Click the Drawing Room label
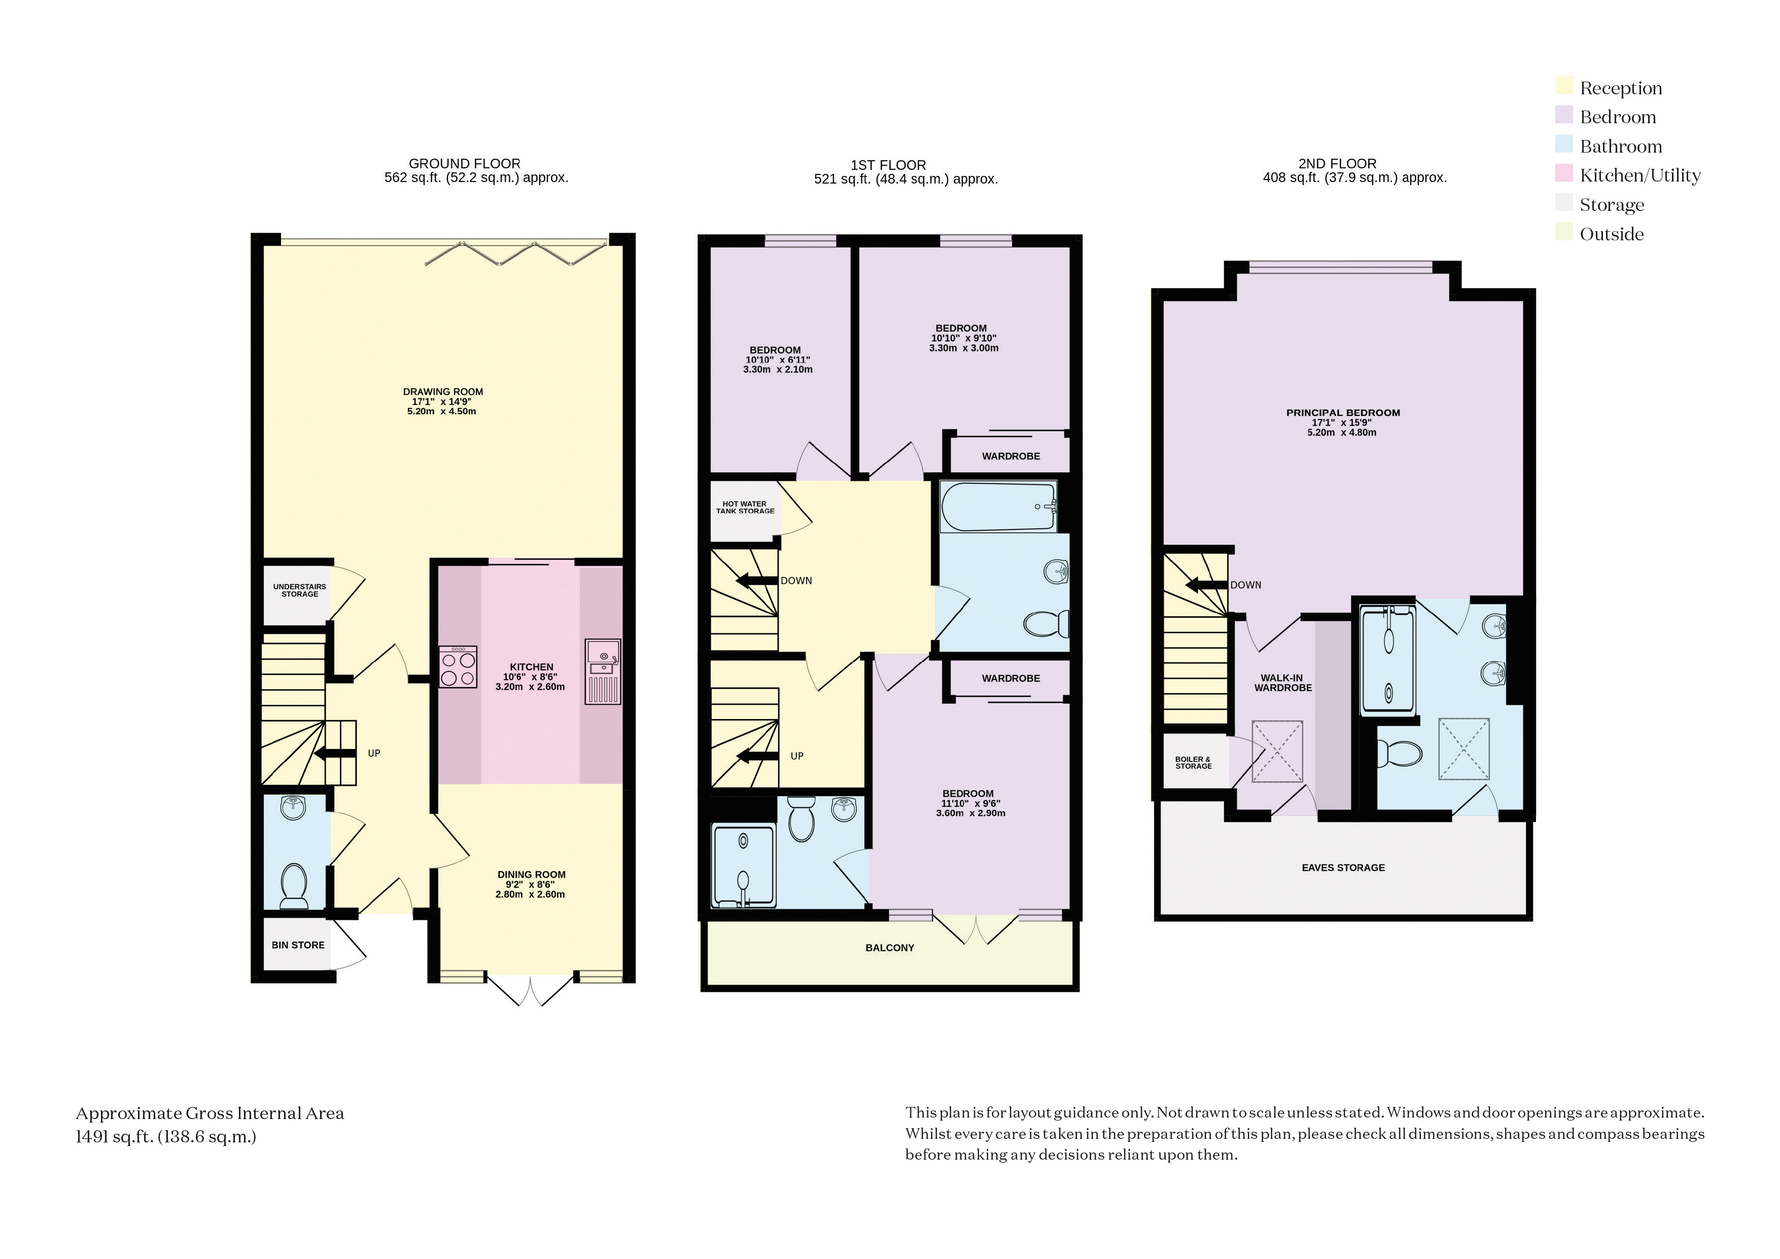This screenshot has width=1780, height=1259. click(x=443, y=391)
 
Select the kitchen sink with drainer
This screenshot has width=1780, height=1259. click(x=603, y=671)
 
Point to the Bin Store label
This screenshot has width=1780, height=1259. click(x=298, y=945)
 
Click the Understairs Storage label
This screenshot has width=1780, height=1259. click(x=299, y=590)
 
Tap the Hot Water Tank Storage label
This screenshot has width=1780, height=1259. click(x=745, y=507)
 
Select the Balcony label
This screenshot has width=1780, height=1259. click(x=890, y=947)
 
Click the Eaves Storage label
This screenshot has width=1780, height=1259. click(x=1343, y=868)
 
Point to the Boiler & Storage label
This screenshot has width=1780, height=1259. click(x=1193, y=763)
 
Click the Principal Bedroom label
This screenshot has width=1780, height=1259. click(x=1343, y=412)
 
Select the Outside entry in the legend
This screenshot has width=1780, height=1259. click(x=1611, y=233)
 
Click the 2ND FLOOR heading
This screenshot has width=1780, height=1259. click(x=1337, y=164)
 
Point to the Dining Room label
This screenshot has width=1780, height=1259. click(x=531, y=875)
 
